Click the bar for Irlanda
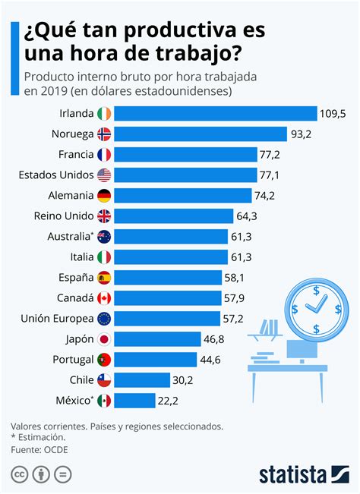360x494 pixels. pyautogui.click(x=216, y=114)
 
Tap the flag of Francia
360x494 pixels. pyautogui.click(x=104, y=155)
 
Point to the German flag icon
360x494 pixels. pyautogui.click(x=104, y=196)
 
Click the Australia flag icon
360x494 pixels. pyautogui.click(x=104, y=237)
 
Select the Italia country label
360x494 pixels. pyautogui.click(x=77, y=257)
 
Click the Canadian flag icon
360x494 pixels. pyautogui.click(x=104, y=298)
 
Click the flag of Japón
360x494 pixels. pyautogui.click(x=104, y=339)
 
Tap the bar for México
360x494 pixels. pyautogui.click(x=134, y=401)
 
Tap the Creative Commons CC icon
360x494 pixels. pyautogui.click(x=19, y=474)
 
